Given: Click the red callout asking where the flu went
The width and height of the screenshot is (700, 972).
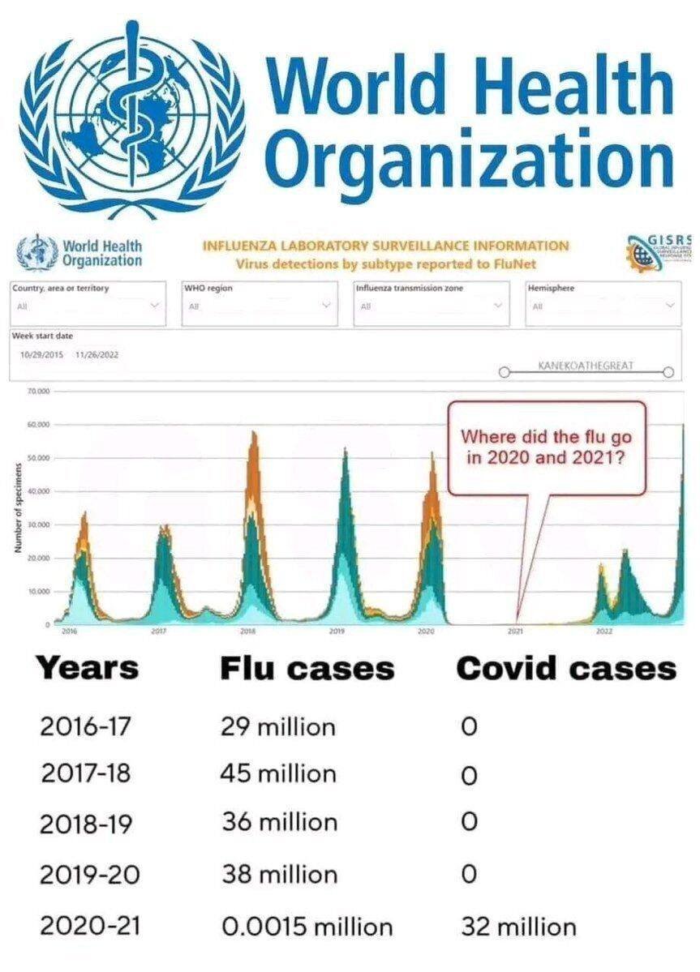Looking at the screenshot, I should pos(548,447).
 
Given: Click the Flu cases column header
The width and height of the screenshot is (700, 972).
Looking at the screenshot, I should pos(307,669).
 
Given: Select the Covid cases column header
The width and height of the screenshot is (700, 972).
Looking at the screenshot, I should pos(566,669).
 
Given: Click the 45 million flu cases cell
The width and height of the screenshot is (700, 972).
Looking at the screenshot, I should pos(278,773).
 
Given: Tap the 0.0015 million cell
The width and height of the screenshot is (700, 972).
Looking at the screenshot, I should pos(307,926).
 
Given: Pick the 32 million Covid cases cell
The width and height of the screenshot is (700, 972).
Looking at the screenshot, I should pos(518,926).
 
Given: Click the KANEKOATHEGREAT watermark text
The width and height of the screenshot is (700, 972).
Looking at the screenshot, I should pos(586,366).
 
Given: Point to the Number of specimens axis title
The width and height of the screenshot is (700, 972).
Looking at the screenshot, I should pos(17,508).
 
